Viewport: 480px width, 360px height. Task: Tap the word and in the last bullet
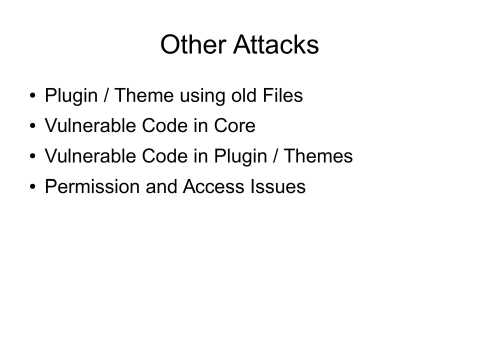pyautogui.click(x=157, y=187)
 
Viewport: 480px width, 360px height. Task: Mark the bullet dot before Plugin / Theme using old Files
pyautogui.click(x=32, y=98)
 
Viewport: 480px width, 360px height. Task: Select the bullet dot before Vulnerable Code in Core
pyautogui.click(x=32, y=128)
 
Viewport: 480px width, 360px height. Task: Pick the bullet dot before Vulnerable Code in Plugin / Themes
pyautogui.click(x=32, y=158)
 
